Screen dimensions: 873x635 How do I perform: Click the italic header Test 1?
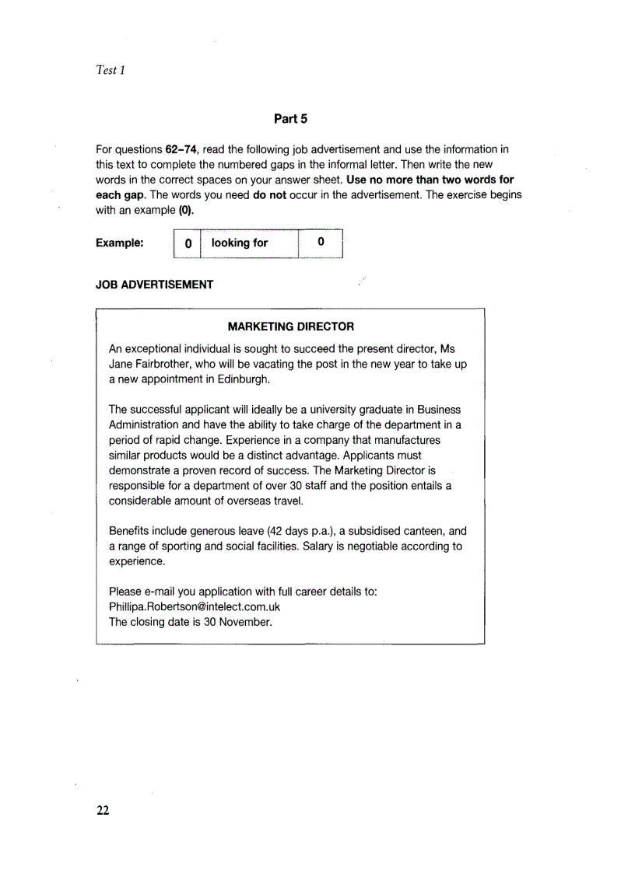pos(111,71)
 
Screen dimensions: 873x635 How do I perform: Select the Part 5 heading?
pos(291,119)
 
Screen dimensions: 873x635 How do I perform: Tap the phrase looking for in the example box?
pos(240,243)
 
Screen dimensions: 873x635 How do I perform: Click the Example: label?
pos(119,243)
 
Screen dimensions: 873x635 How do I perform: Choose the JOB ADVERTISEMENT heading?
pos(154,285)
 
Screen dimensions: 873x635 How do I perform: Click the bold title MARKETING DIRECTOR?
pos(290,327)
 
